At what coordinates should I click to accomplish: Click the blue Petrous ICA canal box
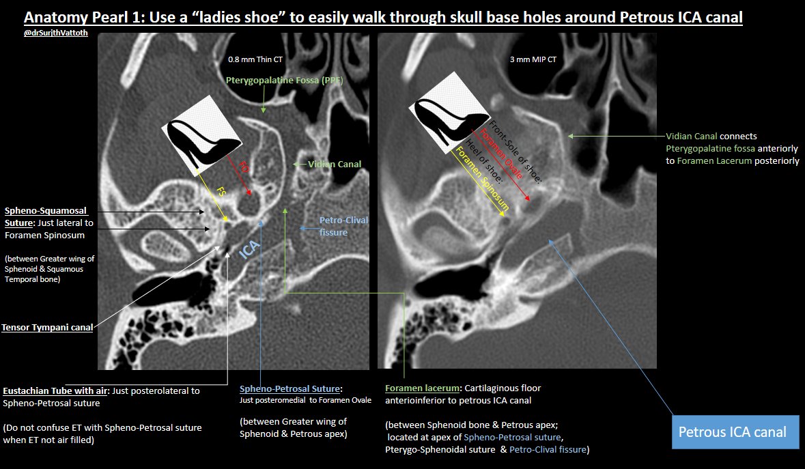pyautogui.click(x=731, y=431)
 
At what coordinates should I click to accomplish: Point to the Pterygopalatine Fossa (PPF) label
pyautogui.click(x=285, y=81)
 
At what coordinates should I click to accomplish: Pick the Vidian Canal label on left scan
pyautogui.click(x=335, y=164)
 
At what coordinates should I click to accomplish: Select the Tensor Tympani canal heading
pyautogui.click(x=47, y=328)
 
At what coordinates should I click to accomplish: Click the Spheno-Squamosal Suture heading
pyautogui.click(x=46, y=217)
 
